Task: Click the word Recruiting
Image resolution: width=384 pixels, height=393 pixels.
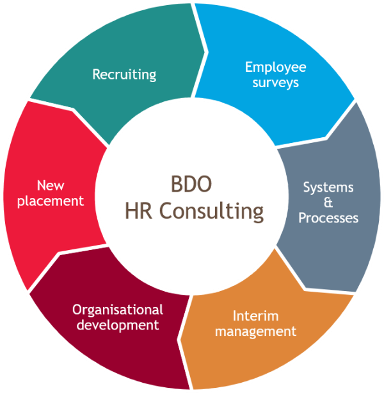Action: click(124, 74)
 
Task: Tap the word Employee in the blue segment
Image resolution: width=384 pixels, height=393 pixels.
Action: click(275, 67)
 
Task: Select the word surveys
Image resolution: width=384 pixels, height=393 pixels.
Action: click(275, 83)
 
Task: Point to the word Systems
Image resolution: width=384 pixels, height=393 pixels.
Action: click(328, 187)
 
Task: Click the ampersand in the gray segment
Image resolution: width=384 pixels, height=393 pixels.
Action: click(328, 203)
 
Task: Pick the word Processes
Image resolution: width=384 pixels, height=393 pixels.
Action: click(328, 218)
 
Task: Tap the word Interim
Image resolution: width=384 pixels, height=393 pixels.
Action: click(255, 316)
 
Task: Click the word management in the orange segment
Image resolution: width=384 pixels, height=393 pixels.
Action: click(255, 332)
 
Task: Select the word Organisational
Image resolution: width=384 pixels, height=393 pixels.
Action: click(118, 310)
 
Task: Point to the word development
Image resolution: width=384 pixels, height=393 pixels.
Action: click(118, 325)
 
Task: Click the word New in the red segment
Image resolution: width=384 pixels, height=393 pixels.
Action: click(51, 186)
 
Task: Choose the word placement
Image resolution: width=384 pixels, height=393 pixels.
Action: click(51, 201)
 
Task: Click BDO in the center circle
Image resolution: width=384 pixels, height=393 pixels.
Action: click(191, 184)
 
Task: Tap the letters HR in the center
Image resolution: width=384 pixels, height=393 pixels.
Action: click(139, 211)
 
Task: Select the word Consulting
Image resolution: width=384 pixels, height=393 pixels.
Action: click(211, 212)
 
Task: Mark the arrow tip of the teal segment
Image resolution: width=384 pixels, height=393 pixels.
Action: click(205, 52)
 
